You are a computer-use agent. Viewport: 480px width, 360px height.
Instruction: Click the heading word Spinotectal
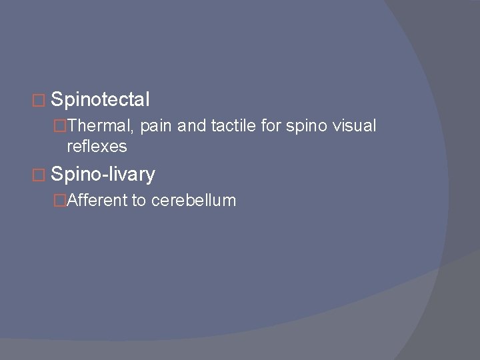pos(100,100)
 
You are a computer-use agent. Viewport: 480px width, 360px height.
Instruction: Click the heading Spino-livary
pos(103,175)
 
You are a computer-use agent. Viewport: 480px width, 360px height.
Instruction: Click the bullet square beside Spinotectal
pos(43,101)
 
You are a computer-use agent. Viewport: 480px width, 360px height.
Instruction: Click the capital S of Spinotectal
pos(56,100)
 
